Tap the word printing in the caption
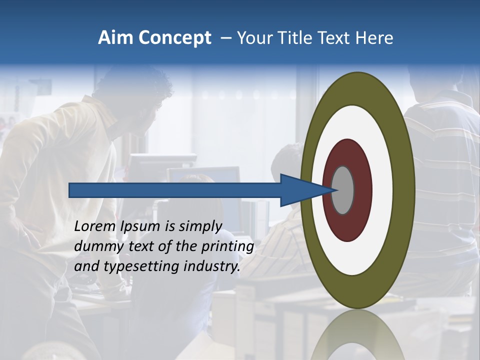[227, 246]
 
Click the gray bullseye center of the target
[343, 190]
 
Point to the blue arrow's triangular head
[300, 190]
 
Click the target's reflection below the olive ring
[357, 335]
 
